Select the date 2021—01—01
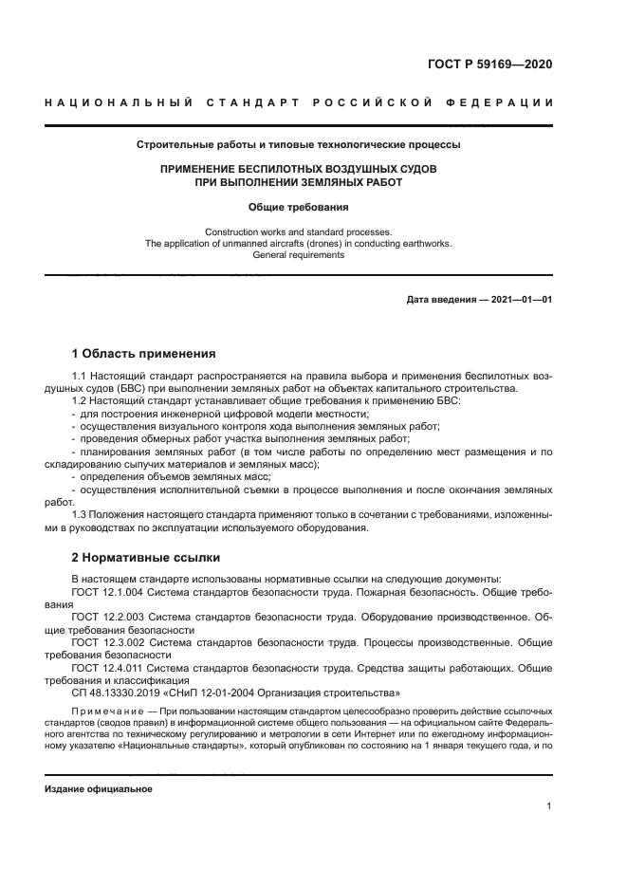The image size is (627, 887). click(x=521, y=300)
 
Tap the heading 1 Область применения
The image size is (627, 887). click(x=144, y=354)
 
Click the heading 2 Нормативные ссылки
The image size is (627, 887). click(x=146, y=558)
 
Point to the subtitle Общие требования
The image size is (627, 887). click(x=298, y=206)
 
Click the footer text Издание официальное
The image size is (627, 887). click(x=99, y=789)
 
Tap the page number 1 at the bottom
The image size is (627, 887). click(x=549, y=806)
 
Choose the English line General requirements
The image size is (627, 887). click(x=298, y=255)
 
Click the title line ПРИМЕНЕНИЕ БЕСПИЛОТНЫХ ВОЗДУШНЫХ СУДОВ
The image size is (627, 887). click(x=298, y=169)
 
